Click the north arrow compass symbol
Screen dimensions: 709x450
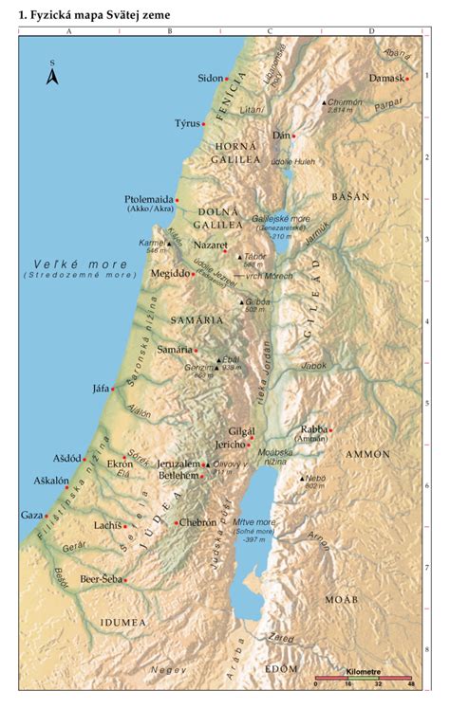53,74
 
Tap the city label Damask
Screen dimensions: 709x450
385,78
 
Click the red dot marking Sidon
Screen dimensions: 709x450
227,79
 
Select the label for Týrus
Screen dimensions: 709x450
188,123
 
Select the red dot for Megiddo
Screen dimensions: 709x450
194,274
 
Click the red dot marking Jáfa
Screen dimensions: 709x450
113,388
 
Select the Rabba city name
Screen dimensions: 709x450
313,428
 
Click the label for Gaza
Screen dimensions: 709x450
30,515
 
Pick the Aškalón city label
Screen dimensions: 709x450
49,481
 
